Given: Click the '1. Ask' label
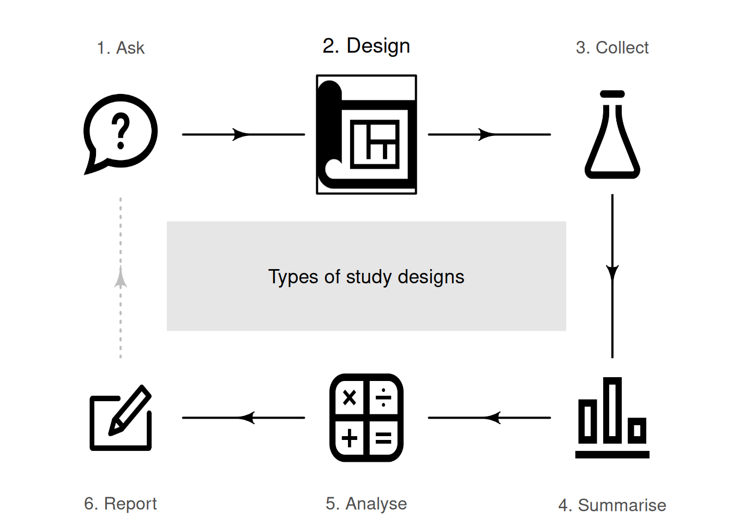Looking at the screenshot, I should [121, 48].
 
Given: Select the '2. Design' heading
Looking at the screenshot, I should [366, 46].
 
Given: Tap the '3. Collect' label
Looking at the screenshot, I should [612, 48].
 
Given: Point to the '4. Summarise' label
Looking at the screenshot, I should [612, 505].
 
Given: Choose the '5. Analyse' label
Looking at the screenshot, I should [366, 503].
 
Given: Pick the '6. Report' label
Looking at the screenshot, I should [121, 503].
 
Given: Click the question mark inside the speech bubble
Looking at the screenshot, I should [121, 131].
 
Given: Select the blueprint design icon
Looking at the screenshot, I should [366, 134].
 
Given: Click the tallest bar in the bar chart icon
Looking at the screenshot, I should [612, 409].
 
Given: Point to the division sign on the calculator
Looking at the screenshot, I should [384, 397].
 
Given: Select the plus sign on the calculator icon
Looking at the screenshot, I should [350, 438].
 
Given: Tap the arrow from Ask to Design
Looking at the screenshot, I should [243, 134].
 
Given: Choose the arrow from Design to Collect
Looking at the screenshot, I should [489, 134].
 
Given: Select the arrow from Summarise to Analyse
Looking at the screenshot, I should [489, 418].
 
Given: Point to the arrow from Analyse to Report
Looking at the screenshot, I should [243, 418].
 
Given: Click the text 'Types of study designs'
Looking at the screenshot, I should [366, 277].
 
